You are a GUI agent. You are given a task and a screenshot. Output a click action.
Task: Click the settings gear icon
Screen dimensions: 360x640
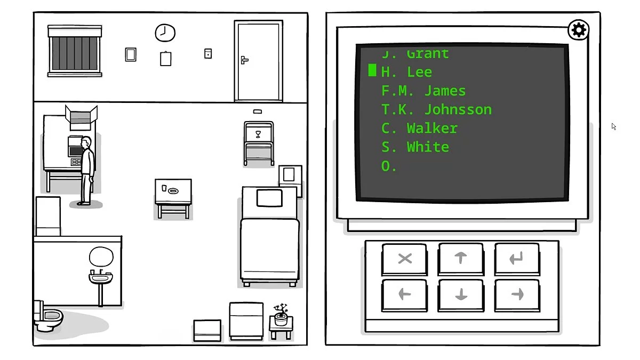[579, 30]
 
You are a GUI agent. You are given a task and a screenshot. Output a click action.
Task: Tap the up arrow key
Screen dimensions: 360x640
[461, 258]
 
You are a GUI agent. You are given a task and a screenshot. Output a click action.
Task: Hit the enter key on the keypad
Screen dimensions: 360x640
[516, 258]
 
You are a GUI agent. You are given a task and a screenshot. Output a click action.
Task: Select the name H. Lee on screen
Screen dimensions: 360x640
[406, 72]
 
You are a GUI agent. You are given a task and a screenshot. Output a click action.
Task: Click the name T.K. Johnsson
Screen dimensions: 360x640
[436, 109]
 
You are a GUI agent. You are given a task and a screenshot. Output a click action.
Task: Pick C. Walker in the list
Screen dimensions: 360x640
[419, 128]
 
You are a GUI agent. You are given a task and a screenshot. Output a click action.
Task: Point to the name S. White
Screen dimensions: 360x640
[415, 147]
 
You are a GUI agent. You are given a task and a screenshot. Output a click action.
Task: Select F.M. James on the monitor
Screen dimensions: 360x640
[423, 91]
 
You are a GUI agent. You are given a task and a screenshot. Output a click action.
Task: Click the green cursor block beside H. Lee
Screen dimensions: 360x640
[372, 70]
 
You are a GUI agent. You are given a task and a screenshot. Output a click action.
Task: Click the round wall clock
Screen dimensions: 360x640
[165, 33]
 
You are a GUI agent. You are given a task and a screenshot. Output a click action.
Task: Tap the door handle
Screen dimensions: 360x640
[244, 60]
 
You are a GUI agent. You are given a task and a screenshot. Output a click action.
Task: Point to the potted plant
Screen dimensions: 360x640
[281, 314]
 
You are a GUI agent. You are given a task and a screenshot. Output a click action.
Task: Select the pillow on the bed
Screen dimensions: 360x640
[269, 197]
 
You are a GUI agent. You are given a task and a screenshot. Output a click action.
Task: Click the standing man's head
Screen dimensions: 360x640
[86, 143]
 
